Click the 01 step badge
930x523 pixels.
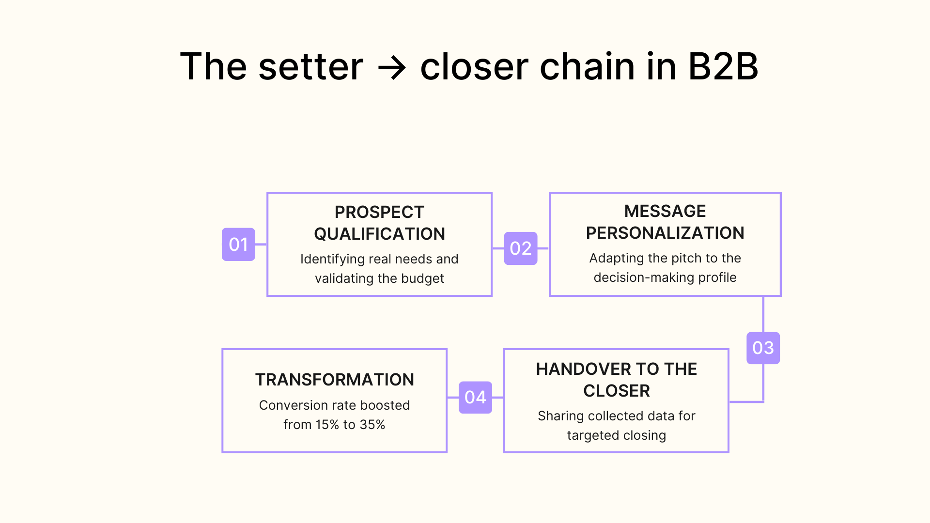(238, 245)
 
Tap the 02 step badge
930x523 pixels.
(521, 248)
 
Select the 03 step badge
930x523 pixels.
(763, 348)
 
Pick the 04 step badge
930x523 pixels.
(475, 397)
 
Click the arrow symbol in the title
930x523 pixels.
(391, 68)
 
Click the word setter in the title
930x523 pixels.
(310, 67)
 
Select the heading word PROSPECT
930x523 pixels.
(379, 212)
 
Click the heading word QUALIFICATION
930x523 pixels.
(379, 234)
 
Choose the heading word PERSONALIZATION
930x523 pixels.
(665, 233)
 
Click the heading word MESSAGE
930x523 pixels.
(665, 211)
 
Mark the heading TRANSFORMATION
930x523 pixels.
(334, 380)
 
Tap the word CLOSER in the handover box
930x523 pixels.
(616, 391)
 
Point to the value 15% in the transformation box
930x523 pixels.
(327, 425)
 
